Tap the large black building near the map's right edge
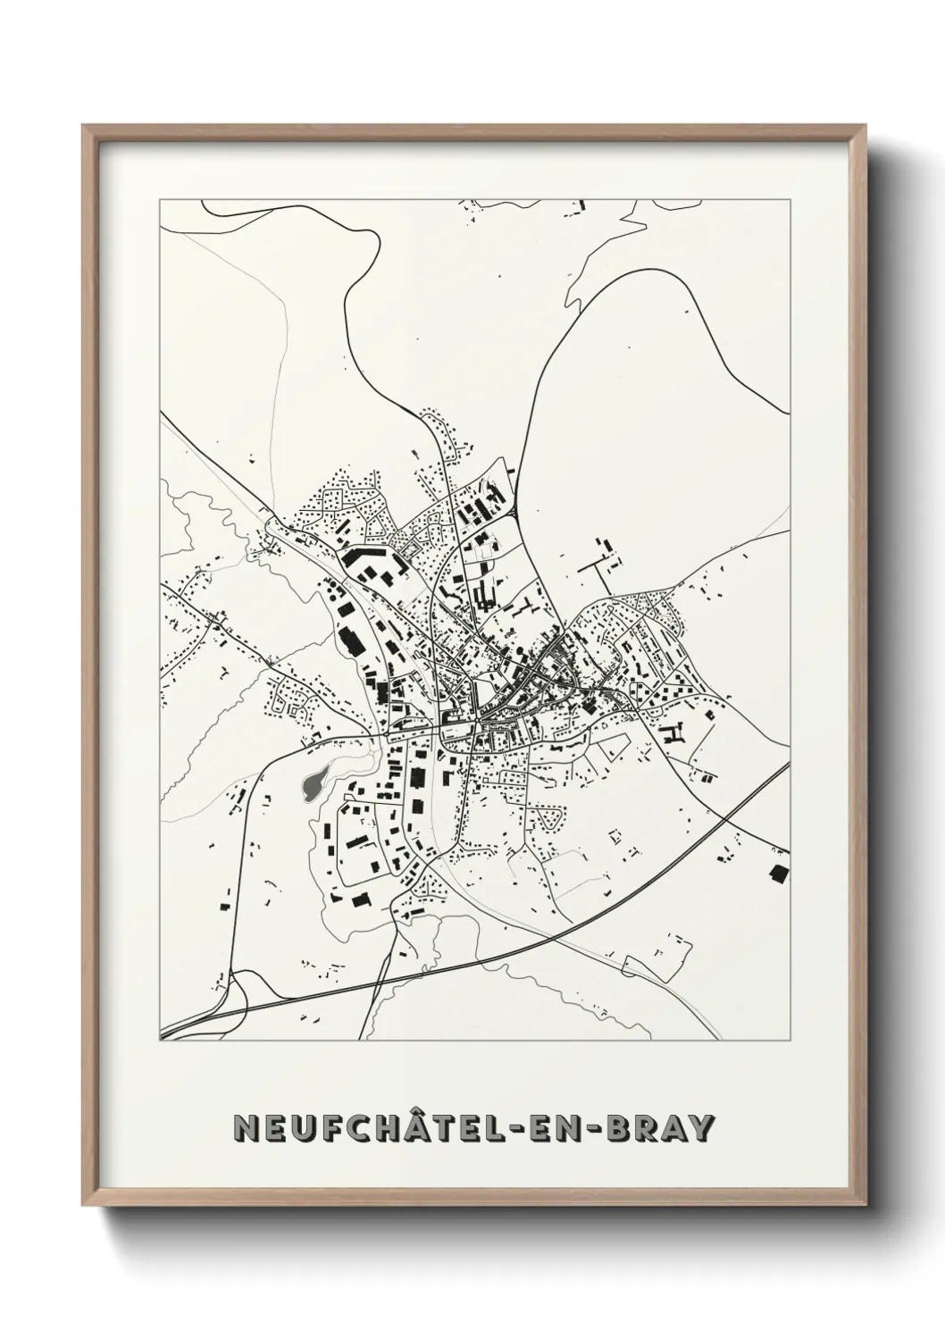coord(779,873)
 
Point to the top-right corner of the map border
coord(790,197)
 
